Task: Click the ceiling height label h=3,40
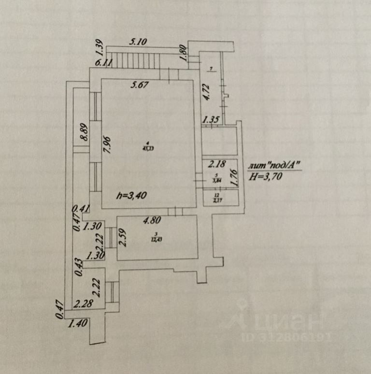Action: point(131,196)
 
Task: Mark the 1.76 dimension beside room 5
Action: point(235,176)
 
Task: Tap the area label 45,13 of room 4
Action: point(146,148)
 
